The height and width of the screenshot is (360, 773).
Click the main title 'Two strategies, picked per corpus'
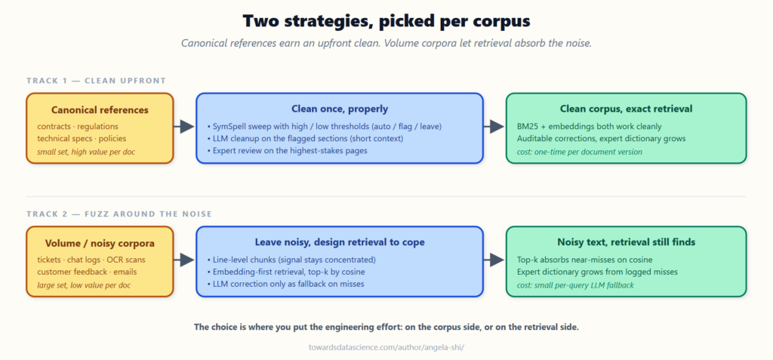[x=386, y=21]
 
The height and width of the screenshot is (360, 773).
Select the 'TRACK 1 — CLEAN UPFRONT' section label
[x=96, y=81]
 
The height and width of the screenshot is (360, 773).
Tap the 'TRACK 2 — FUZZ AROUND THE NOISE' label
[x=119, y=214]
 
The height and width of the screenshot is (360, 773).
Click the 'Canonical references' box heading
[x=100, y=109]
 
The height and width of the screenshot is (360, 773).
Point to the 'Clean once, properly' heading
[x=340, y=109]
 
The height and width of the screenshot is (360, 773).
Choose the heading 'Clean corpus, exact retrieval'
[x=626, y=109]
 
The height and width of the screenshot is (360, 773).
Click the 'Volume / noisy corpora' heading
[x=100, y=243]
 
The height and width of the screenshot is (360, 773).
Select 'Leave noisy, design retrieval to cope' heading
[x=340, y=242]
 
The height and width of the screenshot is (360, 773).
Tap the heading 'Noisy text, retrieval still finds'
[x=626, y=242]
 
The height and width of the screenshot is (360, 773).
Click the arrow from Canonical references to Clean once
[x=184, y=127]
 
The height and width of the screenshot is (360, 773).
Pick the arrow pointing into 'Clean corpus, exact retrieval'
[x=494, y=127]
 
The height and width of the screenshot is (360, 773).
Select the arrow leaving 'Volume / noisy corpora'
[x=184, y=260]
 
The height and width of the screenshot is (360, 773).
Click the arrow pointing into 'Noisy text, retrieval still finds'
[x=494, y=260]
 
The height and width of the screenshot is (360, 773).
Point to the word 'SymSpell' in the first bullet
[x=229, y=126]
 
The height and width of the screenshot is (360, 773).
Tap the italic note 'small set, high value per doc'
[x=86, y=152]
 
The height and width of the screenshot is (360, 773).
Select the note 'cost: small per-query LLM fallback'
[x=576, y=285]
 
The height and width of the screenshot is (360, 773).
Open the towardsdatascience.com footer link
[x=386, y=347]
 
